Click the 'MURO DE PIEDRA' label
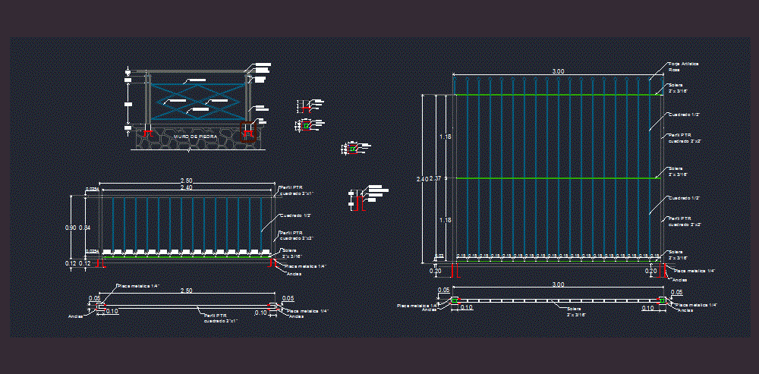195,137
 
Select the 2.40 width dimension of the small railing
185,187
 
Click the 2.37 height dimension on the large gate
435,179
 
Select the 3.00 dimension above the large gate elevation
558,71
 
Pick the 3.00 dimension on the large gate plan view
558,284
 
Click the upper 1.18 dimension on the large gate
446,137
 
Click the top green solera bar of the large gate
553,95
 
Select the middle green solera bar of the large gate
553,178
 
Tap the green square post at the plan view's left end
455,301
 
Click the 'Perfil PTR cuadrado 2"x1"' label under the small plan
220,318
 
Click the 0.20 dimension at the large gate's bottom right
650,271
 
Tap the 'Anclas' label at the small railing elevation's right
294,274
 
